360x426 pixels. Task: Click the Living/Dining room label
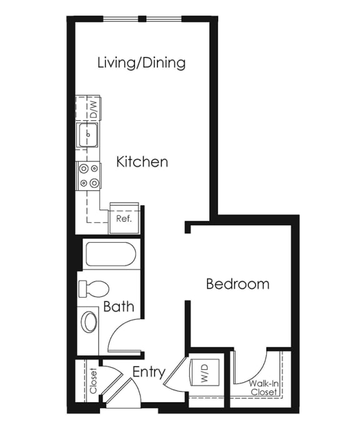coord(141,63)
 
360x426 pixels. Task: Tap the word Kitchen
coord(142,161)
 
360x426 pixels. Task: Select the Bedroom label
coord(238,284)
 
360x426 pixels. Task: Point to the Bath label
coord(119,307)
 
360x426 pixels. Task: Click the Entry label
coord(149,372)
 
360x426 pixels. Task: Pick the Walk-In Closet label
coord(264,388)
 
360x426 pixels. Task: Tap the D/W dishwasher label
coord(93,109)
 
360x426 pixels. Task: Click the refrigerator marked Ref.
coord(124,218)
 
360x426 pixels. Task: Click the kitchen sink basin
coord(87,134)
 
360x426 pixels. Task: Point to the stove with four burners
coord(89,176)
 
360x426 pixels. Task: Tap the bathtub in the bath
coord(111,255)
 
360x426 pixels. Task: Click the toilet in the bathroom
coord(94,289)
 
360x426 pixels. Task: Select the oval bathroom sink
coord(89,322)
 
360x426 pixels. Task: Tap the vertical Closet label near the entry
coord(93,380)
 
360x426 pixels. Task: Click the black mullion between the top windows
coord(142,19)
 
